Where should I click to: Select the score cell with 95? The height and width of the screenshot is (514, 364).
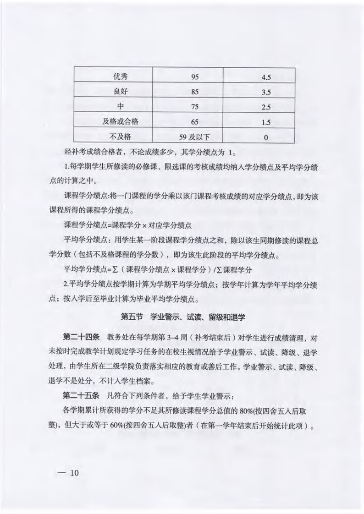(x=195, y=76)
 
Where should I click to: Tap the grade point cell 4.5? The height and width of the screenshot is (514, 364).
(x=266, y=77)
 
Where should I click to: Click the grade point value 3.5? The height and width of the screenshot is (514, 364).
(x=266, y=92)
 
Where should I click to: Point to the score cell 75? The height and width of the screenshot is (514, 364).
(x=195, y=107)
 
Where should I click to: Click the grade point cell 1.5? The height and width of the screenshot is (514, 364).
(x=266, y=122)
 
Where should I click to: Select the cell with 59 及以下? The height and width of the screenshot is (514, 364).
(x=195, y=137)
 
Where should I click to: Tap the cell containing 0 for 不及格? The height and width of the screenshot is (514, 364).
(x=266, y=137)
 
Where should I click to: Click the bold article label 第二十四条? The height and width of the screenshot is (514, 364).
(x=81, y=338)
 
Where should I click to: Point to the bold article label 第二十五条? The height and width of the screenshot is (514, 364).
(x=81, y=394)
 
